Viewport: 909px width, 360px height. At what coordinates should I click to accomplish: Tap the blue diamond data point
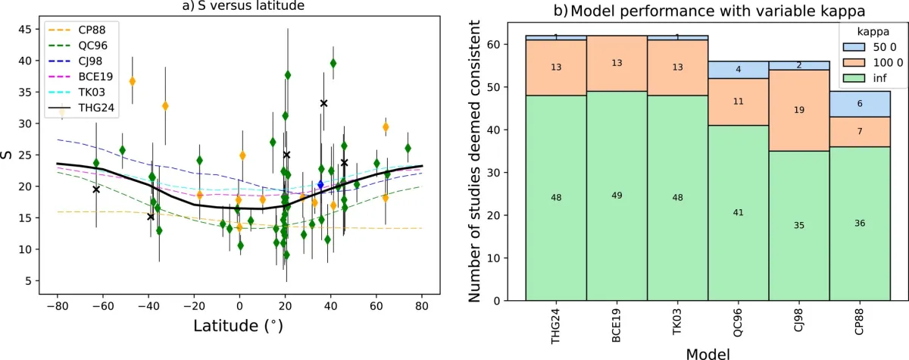[x=320, y=184]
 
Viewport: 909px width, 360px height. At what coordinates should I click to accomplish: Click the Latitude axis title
[x=239, y=328]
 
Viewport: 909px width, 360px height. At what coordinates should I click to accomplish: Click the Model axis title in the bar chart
[x=708, y=352]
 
